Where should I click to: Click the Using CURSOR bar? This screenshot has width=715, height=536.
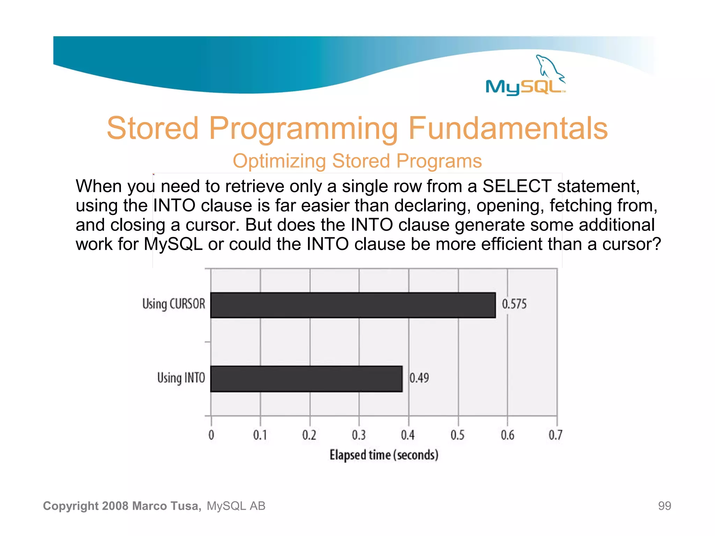353,305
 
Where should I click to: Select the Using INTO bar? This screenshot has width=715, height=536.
306,379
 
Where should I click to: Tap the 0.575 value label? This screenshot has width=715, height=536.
514,304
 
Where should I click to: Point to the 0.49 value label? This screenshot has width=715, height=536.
419,378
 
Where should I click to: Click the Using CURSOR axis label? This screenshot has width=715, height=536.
174,304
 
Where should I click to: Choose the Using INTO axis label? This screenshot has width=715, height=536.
181,378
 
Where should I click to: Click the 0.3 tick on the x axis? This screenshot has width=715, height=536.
359,435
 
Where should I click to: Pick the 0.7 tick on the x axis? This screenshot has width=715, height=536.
555,435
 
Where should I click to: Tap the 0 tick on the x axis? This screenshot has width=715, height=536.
211,435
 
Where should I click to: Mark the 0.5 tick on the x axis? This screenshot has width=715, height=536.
457,435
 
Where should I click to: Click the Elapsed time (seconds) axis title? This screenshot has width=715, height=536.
384,455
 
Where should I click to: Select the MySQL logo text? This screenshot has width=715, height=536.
524,87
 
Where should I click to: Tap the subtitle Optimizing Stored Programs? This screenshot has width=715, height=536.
357,161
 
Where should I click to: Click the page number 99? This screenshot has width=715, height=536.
664,506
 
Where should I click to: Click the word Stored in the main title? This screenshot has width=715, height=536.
153,128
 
